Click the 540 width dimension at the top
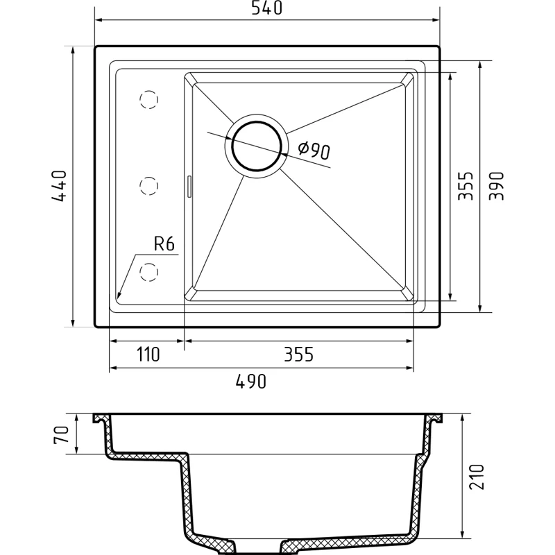(x=266, y=8)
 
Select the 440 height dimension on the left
(x=59, y=186)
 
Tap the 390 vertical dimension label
(x=496, y=186)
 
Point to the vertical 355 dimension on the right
(x=465, y=186)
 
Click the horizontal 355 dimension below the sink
(x=299, y=355)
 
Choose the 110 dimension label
(x=148, y=355)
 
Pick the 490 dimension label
(x=251, y=382)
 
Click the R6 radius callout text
(x=164, y=244)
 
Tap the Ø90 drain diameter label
(x=314, y=150)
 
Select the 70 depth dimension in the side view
(x=61, y=435)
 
